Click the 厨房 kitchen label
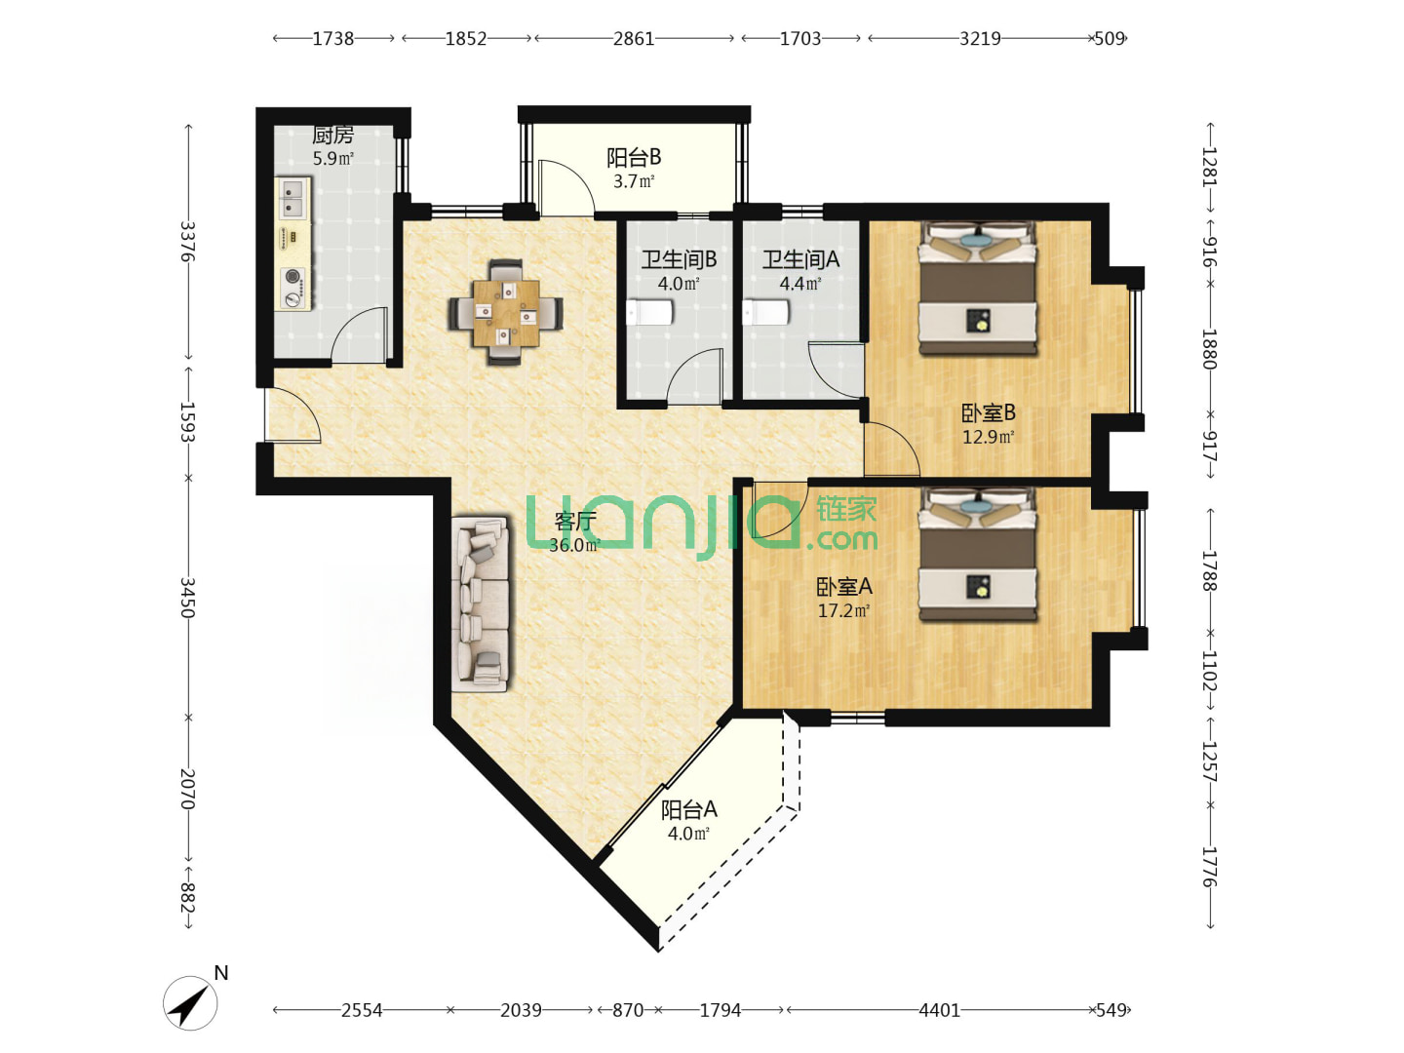[x=332, y=136]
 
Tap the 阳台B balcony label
[x=633, y=157]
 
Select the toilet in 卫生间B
[x=649, y=313]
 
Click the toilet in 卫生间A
[x=765, y=313]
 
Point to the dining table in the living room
[x=506, y=313]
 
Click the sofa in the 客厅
[x=481, y=604]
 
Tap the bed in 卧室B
[x=978, y=288]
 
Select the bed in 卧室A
[x=978, y=555]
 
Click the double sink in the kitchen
[x=292, y=198]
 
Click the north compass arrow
[x=190, y=1003]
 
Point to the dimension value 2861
[x=633, y=39]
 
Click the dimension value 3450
[x=187, y=598]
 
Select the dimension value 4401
[x=939, y=1009]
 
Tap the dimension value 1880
[x=1208, y=349]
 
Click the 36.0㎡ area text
[x=574, y=545]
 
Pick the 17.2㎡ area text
[x=843, y=610]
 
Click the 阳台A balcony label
[x=689, y=810]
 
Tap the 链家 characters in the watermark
[x=845, y=510]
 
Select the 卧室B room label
[x=989, y=413]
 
